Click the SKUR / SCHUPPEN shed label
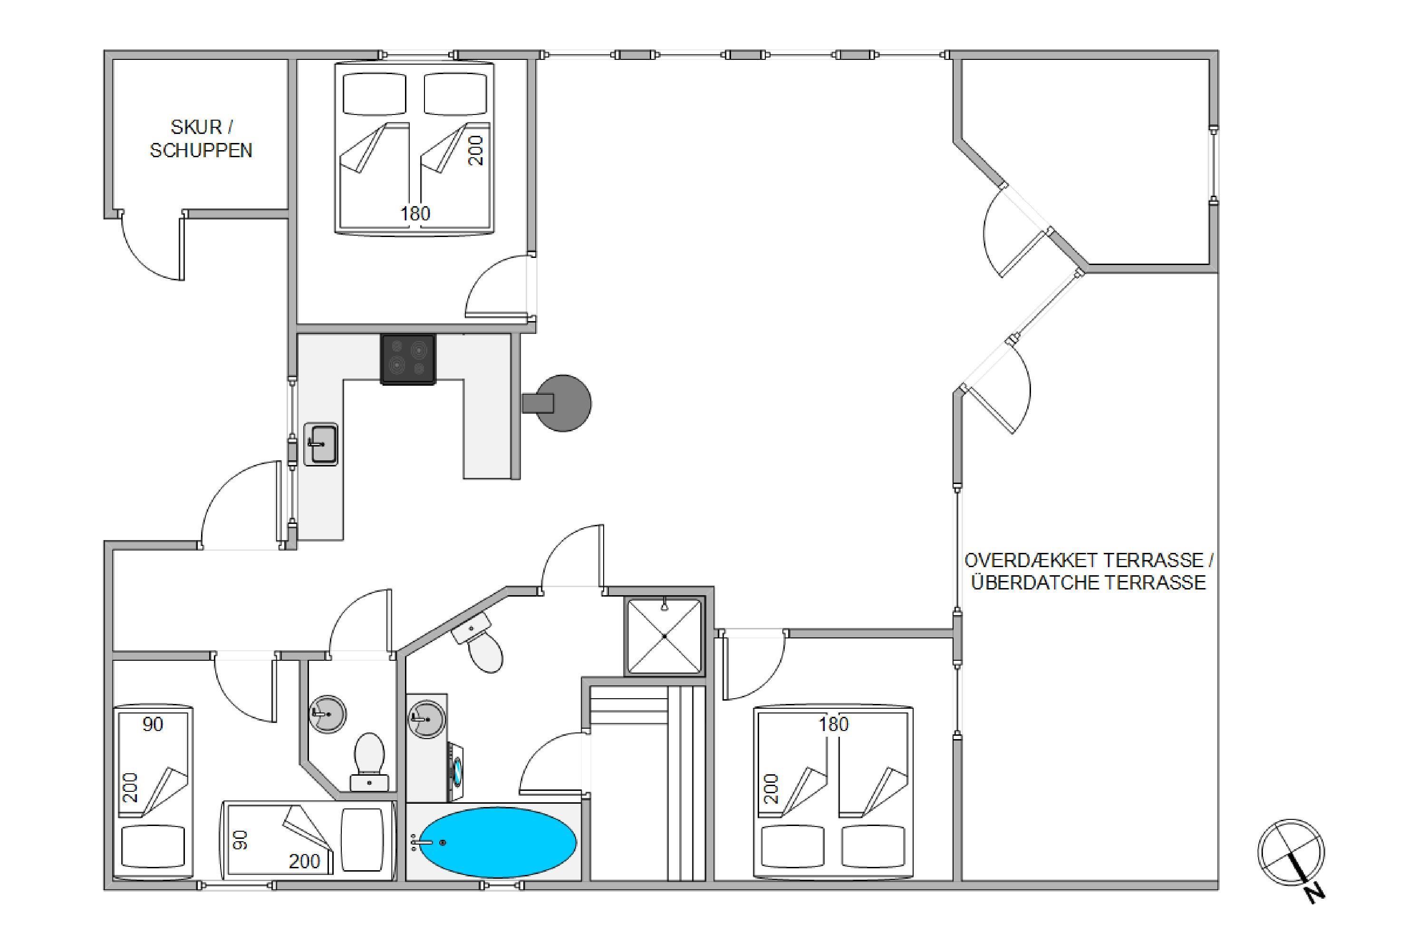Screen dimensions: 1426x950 pos(201,139)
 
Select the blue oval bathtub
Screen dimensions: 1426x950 pos(498,842)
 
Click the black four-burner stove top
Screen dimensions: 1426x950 pos(408,359)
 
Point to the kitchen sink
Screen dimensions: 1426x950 pos(321,444)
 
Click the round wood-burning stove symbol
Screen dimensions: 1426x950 pos(558,403)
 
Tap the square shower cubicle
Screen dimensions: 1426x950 pos(665,636)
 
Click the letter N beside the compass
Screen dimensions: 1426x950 pos(1314,893)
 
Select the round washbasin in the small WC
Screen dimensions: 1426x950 pos(328,714)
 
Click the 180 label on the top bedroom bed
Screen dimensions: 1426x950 pos(415,213)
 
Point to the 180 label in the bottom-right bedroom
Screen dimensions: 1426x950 pos(834,724)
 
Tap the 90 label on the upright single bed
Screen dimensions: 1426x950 pos(153,724)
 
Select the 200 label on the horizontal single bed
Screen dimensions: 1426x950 pos(304,861)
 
